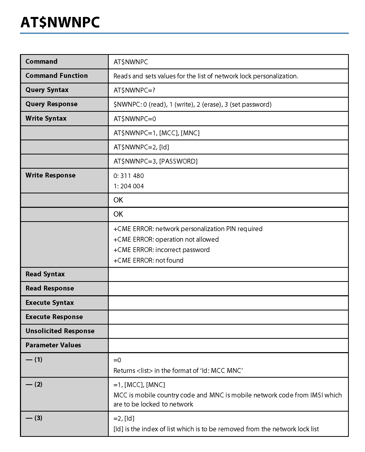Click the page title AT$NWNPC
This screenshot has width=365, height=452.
[x=60, y=22]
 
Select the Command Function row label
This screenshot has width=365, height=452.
[x=57, y=76]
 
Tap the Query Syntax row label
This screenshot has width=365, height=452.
[x=47, y=90]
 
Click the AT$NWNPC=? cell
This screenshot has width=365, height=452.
[x=134, y=90]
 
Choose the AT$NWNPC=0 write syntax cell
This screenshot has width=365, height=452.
[x=135, y=119]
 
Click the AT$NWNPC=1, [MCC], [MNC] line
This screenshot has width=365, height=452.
[x=156, y=133]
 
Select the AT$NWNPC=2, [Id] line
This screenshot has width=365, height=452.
[x=141, y=147]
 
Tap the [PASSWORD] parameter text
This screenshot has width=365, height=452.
[x=178, y=161]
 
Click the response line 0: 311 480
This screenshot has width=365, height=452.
[x=129, y=176]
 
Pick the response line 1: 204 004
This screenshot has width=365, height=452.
[x=129, y=186]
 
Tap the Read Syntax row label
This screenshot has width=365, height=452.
[x=45, y=274]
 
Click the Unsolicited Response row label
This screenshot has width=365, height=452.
[x=60, y=331]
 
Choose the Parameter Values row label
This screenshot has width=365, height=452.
[x=53, y=345]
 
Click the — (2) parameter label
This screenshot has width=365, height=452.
[x=34, y=384]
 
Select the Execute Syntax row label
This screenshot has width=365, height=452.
[x=50, y=303]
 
